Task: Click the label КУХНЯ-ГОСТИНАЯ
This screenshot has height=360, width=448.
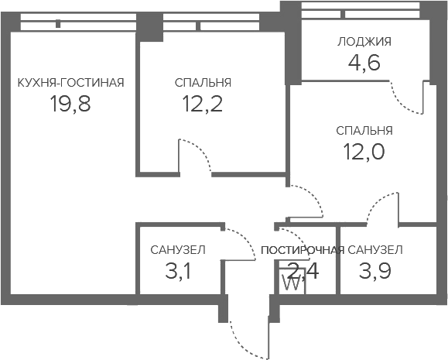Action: click(71, 83)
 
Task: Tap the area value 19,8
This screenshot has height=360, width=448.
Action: click(70, 104)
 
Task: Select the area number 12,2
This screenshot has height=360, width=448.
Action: click(202, 104)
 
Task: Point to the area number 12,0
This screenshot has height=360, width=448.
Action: click(364, 152)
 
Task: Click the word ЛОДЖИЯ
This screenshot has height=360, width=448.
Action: click(364, 42)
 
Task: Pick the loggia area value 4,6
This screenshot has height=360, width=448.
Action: click(364, 63)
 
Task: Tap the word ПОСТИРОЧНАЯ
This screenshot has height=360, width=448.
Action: click(303, 250)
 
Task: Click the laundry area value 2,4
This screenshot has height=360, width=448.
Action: click(303, 271)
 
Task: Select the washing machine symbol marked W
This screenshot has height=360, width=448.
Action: click(291, 282)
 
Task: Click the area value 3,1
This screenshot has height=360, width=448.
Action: click(178, 271)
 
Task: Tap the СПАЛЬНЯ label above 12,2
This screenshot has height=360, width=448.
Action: click(203, 83)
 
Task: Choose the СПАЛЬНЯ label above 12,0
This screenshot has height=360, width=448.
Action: click(364, 131)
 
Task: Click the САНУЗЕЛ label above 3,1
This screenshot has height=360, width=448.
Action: click(178, 250)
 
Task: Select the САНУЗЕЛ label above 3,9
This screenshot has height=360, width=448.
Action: click(375, 250)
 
